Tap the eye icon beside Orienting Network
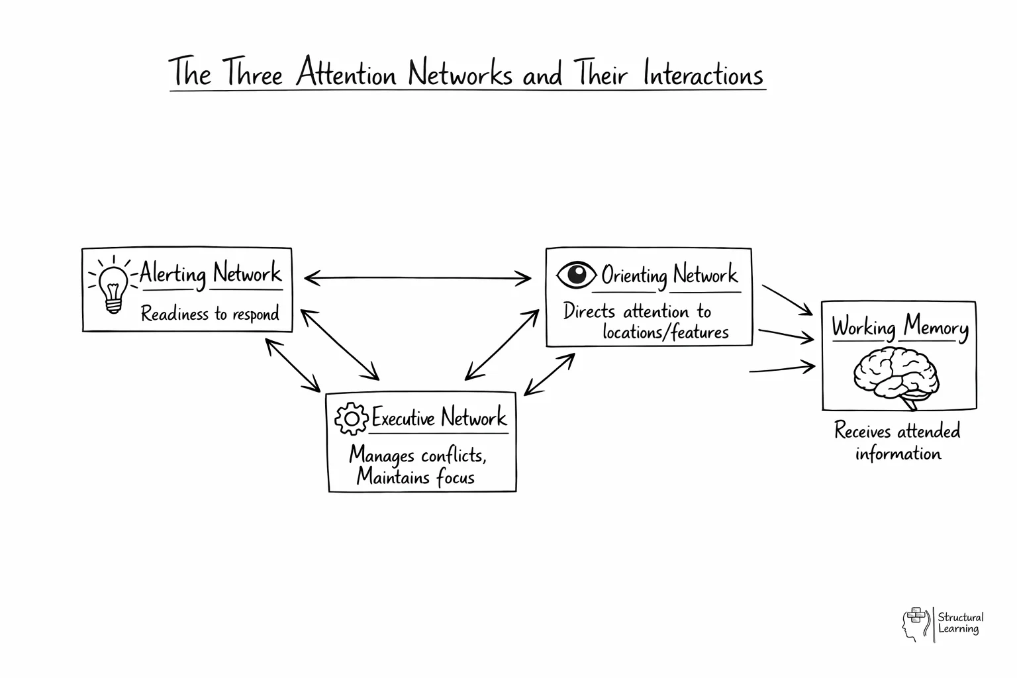576,274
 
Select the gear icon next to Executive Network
351,418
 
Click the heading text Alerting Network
211,273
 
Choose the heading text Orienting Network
669,274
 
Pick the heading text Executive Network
439,418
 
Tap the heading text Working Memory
899,327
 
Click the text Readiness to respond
210,313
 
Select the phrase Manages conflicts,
418,456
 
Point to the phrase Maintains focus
415,477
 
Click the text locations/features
665,332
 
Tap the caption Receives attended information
897,442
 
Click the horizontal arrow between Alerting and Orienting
417,278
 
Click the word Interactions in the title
703,74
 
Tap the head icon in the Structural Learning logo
914,624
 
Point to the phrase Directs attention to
637,311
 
